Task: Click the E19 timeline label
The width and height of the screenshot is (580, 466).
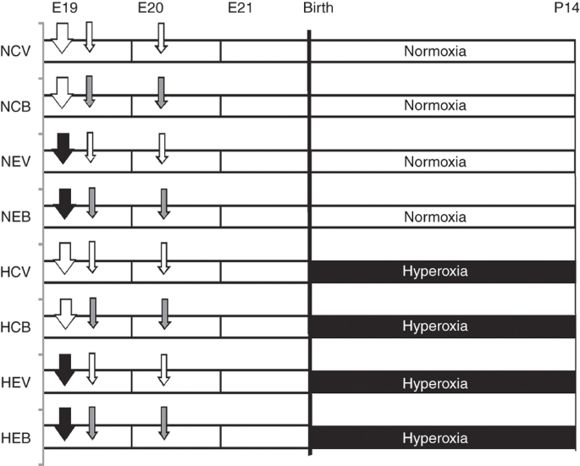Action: (64, 8)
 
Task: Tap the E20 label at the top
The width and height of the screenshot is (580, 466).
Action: (151, 8)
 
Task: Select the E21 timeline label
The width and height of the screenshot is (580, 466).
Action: (240, 8)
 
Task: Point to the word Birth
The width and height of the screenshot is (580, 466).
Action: (318, 8)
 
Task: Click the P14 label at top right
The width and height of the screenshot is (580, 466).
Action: (566, 8)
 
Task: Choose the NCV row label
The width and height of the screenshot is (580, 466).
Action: (15, 51)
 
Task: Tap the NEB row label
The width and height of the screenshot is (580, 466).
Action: (15, 217)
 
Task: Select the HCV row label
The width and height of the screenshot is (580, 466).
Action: (15, 272)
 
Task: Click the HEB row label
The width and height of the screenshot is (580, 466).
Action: (15, 438)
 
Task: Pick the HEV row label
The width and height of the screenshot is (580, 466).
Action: (15, 382)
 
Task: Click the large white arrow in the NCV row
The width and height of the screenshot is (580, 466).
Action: (62, 38)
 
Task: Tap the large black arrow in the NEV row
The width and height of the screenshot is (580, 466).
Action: (64, 148)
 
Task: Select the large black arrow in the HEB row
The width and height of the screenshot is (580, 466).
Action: (64, 425)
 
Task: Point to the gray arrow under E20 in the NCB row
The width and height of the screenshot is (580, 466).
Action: (161, 93)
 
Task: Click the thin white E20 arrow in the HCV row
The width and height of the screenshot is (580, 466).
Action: (163, 258)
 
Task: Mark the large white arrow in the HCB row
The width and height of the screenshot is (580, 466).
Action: (65, 314)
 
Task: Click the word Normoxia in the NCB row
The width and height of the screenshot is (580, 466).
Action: (435, 106)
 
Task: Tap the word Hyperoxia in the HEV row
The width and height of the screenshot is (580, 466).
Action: (435, 383)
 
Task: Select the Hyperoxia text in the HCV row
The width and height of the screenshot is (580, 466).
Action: (435, 271)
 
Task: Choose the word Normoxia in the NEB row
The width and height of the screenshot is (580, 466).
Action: (435, 217)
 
